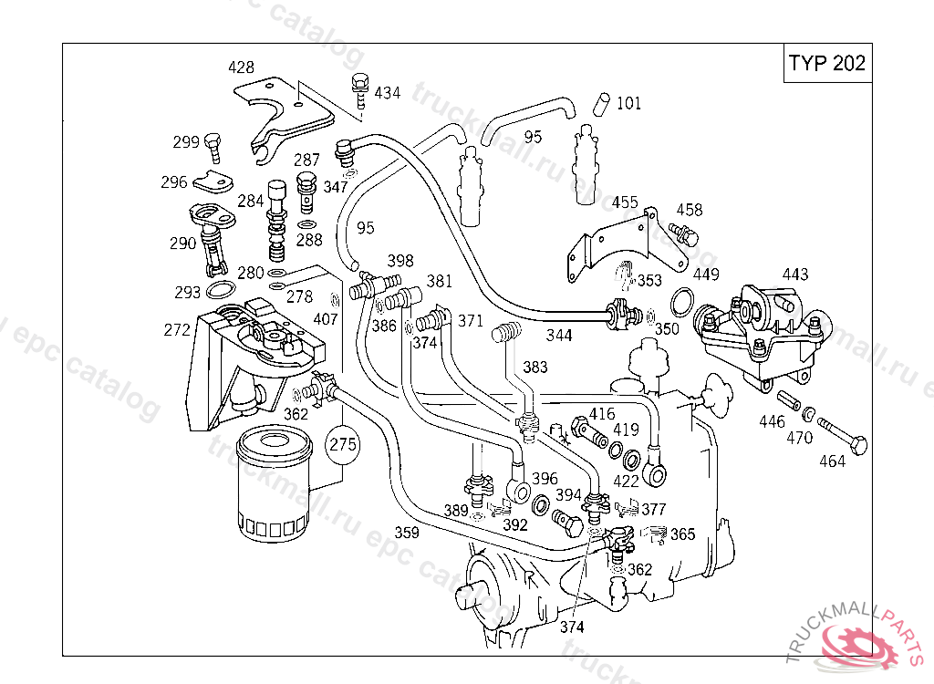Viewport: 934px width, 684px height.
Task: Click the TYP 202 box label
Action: tap(826, 64)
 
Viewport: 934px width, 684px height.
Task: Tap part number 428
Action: tap(241, 67)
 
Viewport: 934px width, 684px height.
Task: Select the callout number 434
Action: tap(387, 93)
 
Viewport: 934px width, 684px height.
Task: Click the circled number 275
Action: tap(342, 445)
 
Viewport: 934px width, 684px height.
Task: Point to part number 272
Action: tap(177, 329)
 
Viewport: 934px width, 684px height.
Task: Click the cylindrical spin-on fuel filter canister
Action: tap(273, 488)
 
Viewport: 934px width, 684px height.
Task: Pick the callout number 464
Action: tap(832, 461)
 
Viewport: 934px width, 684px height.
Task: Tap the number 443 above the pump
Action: tap(794, 274)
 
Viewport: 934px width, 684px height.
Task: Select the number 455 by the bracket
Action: tap(625, 202)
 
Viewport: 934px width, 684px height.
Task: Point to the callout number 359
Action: tap(407, 533)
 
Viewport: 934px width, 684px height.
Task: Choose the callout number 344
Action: tap(559, 336)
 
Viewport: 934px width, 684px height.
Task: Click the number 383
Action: tap(535, 367)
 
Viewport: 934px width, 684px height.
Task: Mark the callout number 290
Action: tap(182, 244)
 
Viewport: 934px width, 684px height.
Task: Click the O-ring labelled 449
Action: tap(680, 299)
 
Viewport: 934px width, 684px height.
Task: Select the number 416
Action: tap(601, 413)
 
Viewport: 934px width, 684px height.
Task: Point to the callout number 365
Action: tap(683, 535)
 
